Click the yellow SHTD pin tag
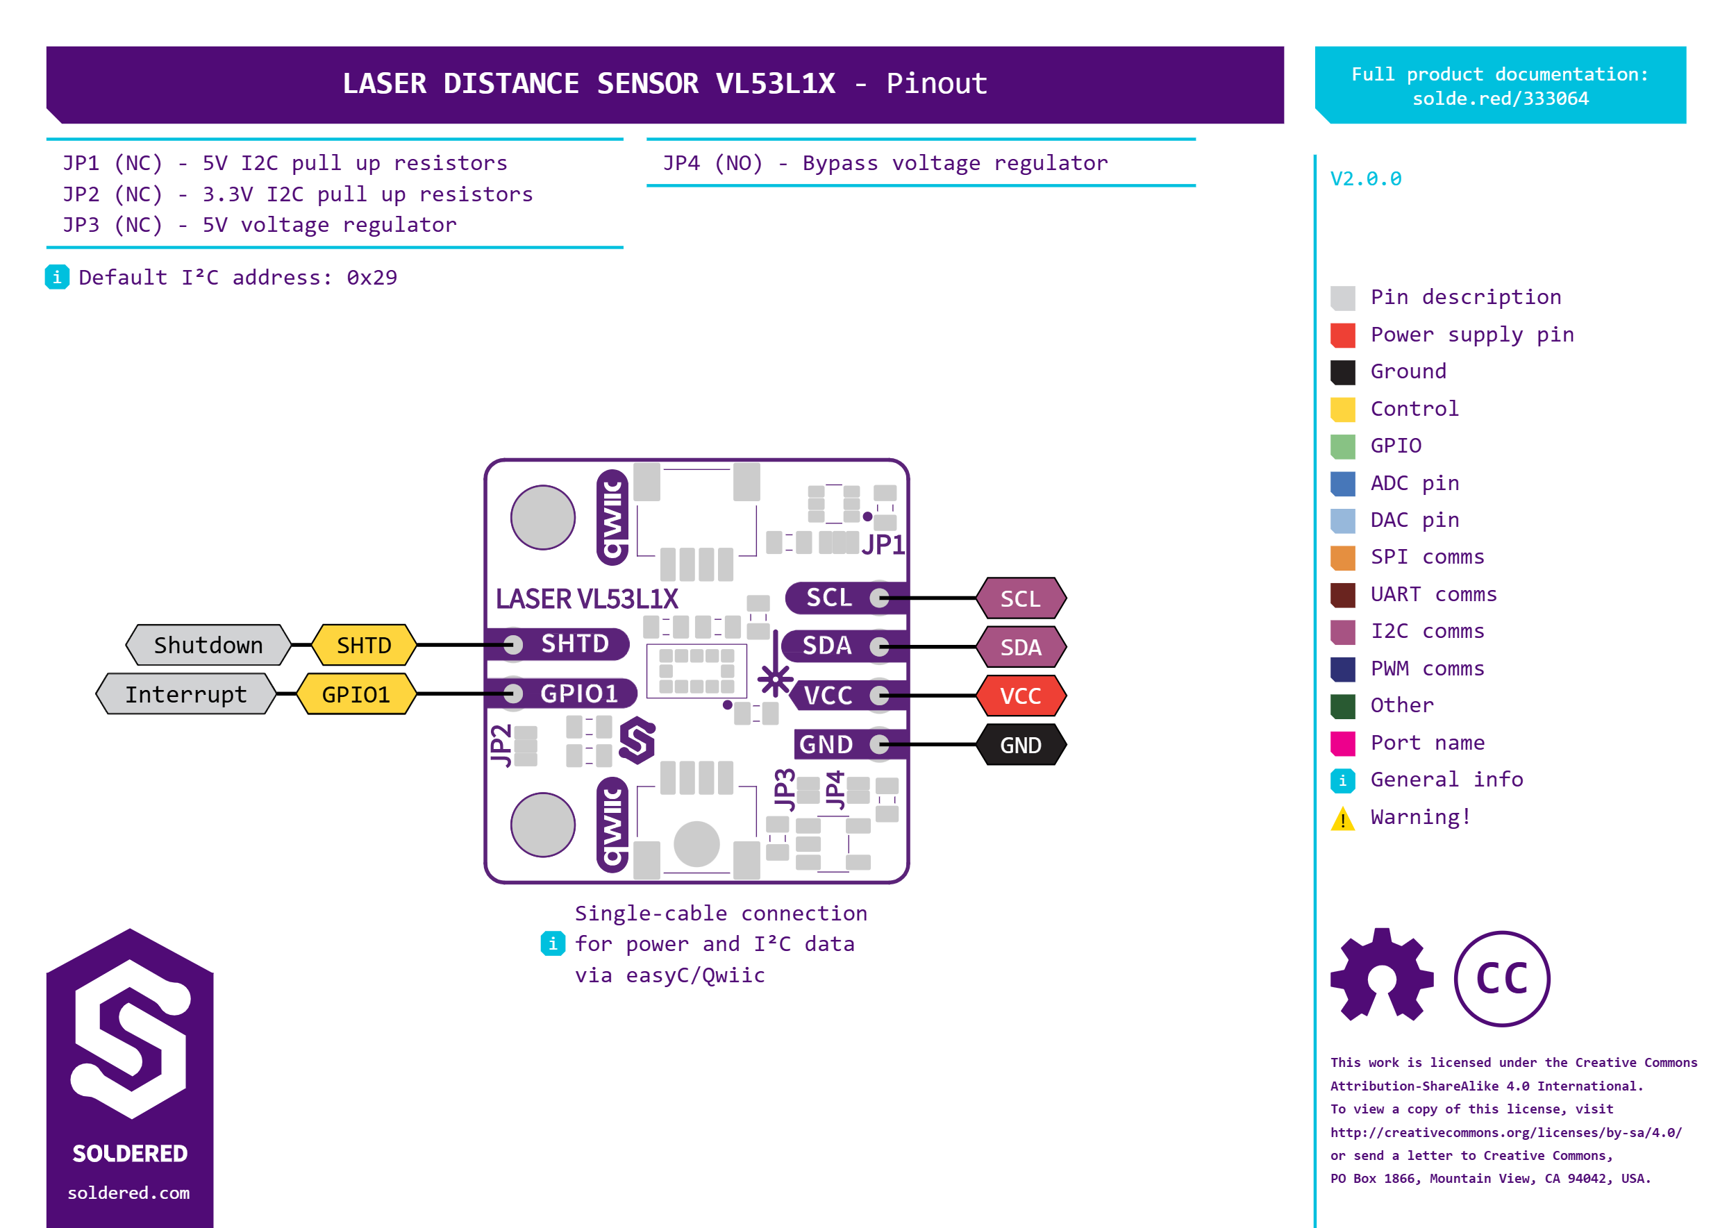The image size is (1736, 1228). pos(364,645)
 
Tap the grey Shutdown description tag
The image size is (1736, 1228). pos(208,645)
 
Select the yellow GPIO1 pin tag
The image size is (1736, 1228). pos(356,694)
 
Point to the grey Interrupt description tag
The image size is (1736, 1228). pos(185,694)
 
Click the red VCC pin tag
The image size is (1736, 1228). pos(1020,696)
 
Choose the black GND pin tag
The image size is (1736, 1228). pos(1020,745)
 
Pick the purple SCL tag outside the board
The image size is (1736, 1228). pos(1020,599)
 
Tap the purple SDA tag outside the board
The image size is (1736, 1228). pos(1020,647)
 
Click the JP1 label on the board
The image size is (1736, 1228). pos(882,544)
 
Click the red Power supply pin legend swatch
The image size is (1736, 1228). pos(1343,335)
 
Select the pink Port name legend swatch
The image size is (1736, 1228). pos(1343,743)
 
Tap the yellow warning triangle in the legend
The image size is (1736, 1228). pos(1343,818)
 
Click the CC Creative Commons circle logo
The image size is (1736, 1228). pos(1501,979)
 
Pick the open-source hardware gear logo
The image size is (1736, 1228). pos(1382,975)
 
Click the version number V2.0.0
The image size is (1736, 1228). pos(1365,179)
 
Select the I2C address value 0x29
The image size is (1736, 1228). pos(372,278)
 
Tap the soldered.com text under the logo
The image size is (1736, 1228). pos(128,1193)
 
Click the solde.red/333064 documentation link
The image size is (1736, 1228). pos(1500,99)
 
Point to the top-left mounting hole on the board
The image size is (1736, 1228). pos(542,517)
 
